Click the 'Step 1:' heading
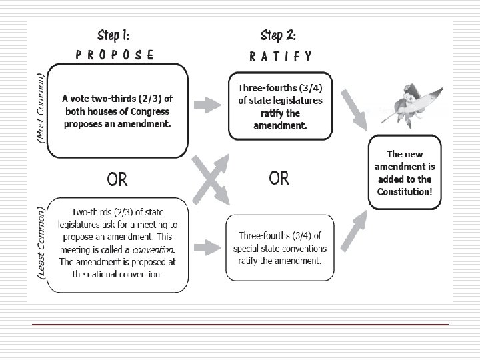(118, 34)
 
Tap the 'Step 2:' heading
(279, 34)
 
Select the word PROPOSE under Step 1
(115, 55)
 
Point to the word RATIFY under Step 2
(280, 56)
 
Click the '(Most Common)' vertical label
(41, 107)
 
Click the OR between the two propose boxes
(117, 179)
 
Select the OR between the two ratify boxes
(279, 178)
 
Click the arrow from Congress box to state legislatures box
(213, 105)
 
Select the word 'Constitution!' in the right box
(405, 191)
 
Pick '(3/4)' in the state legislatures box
(307, 89)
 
